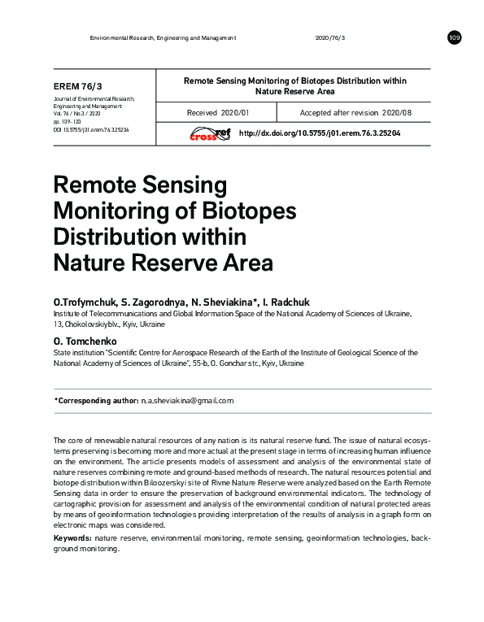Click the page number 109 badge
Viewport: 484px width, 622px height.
click(x=454, y=38)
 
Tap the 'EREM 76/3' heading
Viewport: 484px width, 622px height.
click(x=78, y=86)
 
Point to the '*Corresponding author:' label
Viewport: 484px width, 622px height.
click(x=95, y=401)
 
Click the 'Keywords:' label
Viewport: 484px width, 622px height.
click(x=73, y=538)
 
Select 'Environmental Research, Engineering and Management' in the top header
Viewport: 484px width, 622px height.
click(x=163, y=38)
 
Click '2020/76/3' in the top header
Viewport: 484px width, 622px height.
click(x=329, y=38)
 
